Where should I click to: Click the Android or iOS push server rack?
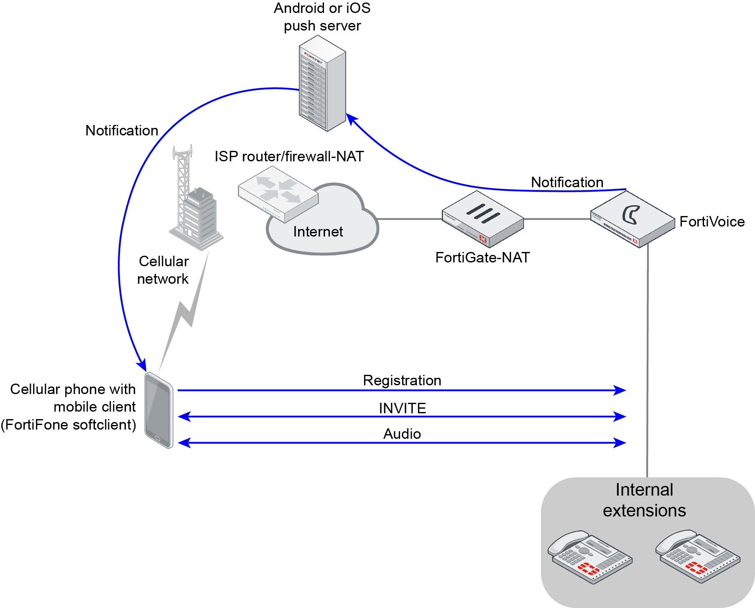click(322, 84)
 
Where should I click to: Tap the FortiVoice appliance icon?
click(633, 219)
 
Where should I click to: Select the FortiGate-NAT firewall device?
click(483, 219)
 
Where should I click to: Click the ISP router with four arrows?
click(278, 193)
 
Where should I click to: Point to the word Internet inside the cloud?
click(318, 231)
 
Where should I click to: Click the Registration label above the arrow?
click(402, 380)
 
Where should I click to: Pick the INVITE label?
click(402, 408)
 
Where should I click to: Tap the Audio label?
click(402, 434)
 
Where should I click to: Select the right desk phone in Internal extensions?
click(697, 556)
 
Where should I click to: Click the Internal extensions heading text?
click(644, 500)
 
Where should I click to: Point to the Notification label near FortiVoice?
click(567, 182)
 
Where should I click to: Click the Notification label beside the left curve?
click(122, 130)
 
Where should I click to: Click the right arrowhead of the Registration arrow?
click(620, 390)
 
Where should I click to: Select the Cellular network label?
click(163, 270)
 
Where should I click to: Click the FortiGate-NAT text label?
click(482, 257)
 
